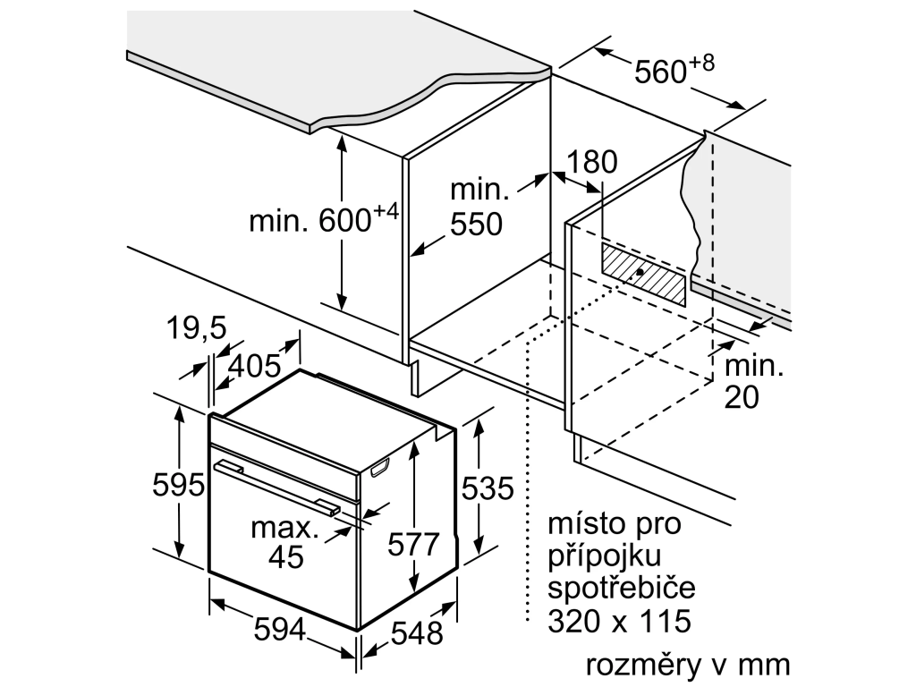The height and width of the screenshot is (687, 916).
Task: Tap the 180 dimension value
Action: click(591, 162)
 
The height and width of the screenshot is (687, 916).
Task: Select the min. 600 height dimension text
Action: click(324, 218)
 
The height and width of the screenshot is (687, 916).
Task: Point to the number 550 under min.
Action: click(476, 224)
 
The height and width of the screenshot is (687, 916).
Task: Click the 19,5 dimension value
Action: click(196, 327)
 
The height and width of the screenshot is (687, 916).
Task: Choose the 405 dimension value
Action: click(254, 366)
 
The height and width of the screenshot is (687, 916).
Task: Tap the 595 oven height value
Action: click(178, 484)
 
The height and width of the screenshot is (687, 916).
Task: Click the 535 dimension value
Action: click(488, 488)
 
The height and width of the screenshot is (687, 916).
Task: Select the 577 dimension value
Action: click(413, 545)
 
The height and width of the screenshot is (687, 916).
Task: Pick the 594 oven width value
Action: click(280, 630)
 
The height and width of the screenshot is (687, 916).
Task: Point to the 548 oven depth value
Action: click(417, 632)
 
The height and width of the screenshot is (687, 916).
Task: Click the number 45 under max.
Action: click(286, 556)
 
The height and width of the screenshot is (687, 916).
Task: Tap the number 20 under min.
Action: click(742, 397)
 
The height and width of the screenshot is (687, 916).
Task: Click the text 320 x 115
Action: click(619, 621)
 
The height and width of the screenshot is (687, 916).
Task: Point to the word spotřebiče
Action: click(622, 587)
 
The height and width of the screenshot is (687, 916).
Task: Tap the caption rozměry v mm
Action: click(688, 665)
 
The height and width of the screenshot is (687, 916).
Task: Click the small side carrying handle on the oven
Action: click(379, 467)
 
